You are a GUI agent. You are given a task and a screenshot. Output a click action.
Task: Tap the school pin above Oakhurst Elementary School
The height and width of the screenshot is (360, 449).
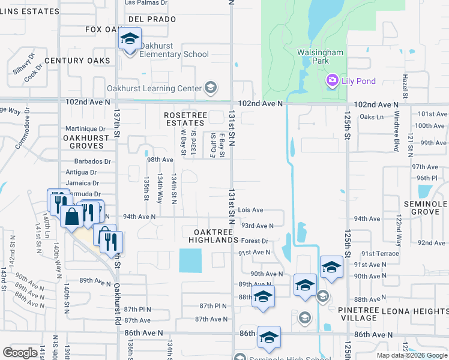[129, 40]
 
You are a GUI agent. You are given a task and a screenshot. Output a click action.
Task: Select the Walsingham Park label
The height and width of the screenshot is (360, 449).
[321, 56]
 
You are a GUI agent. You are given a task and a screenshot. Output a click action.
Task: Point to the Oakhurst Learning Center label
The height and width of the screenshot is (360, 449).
[154, 88]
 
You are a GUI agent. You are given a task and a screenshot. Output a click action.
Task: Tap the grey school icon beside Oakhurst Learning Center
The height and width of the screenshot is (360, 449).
[210, 89]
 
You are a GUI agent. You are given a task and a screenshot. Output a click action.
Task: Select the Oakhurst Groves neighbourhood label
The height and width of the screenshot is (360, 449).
[85, 142]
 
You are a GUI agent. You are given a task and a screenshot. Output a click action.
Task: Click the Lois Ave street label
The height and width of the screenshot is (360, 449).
[250, 210]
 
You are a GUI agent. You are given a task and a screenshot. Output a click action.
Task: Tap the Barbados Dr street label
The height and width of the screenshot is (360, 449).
[93, 161]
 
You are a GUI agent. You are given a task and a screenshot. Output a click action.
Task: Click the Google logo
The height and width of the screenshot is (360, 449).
[20, 352]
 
